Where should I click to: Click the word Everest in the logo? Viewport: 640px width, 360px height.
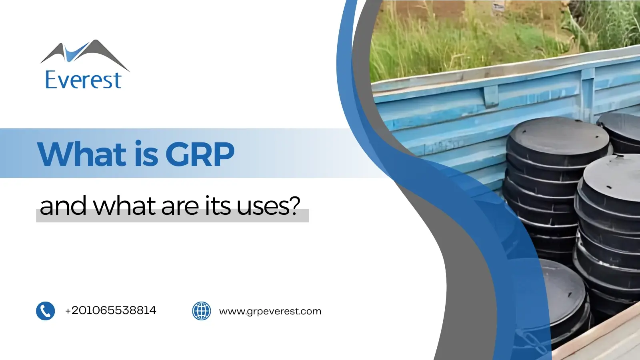pyautogui.click(x=83, y=80)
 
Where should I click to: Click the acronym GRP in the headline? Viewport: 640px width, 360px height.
pyautogui.click(x=200, y=154)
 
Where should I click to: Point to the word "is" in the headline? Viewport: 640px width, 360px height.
pyautogui.click(x=146, y=154)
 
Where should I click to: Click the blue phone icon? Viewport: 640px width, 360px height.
pyautogui.click(x=45, y=311)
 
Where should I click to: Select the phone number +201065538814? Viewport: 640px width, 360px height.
pyautogui.click(x=110, y=310)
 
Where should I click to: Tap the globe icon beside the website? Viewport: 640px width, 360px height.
pyautogui.click(x=202, y=311)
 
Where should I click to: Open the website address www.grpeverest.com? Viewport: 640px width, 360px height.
pyautogui.click(x=270, y=311)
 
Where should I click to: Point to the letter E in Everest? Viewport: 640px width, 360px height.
pyautogui.click(x=52, y=80)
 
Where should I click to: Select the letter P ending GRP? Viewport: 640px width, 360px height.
pyautogui.click(x=224, y=154)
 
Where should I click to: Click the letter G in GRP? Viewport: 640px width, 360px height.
pyautogui.click(x=178, y=154)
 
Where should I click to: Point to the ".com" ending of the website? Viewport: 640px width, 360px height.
pyautogui.click(x=311, y=311)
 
